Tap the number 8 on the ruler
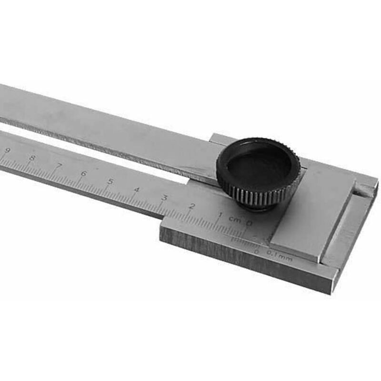(32, 158)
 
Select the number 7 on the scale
(59, 166)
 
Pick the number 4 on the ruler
(137, 190)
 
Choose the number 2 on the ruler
(191, 206)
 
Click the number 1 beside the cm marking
(220, 215)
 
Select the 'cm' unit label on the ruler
(234, 219)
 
